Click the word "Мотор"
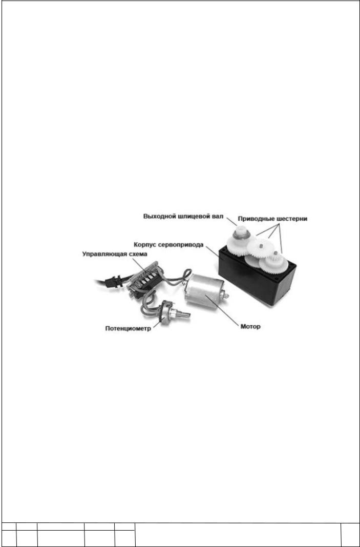pyautogui.click(x=250, y=327)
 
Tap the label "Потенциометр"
pyautogui.click(x=128, y=329)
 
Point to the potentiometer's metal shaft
pyautogui.click(x=183, y=314)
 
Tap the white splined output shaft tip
pyautogui.click(x=240, y=232)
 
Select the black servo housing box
pyautogui.click(x=256, y=276)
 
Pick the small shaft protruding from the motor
pyautogui.click(x=226, y=296)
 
